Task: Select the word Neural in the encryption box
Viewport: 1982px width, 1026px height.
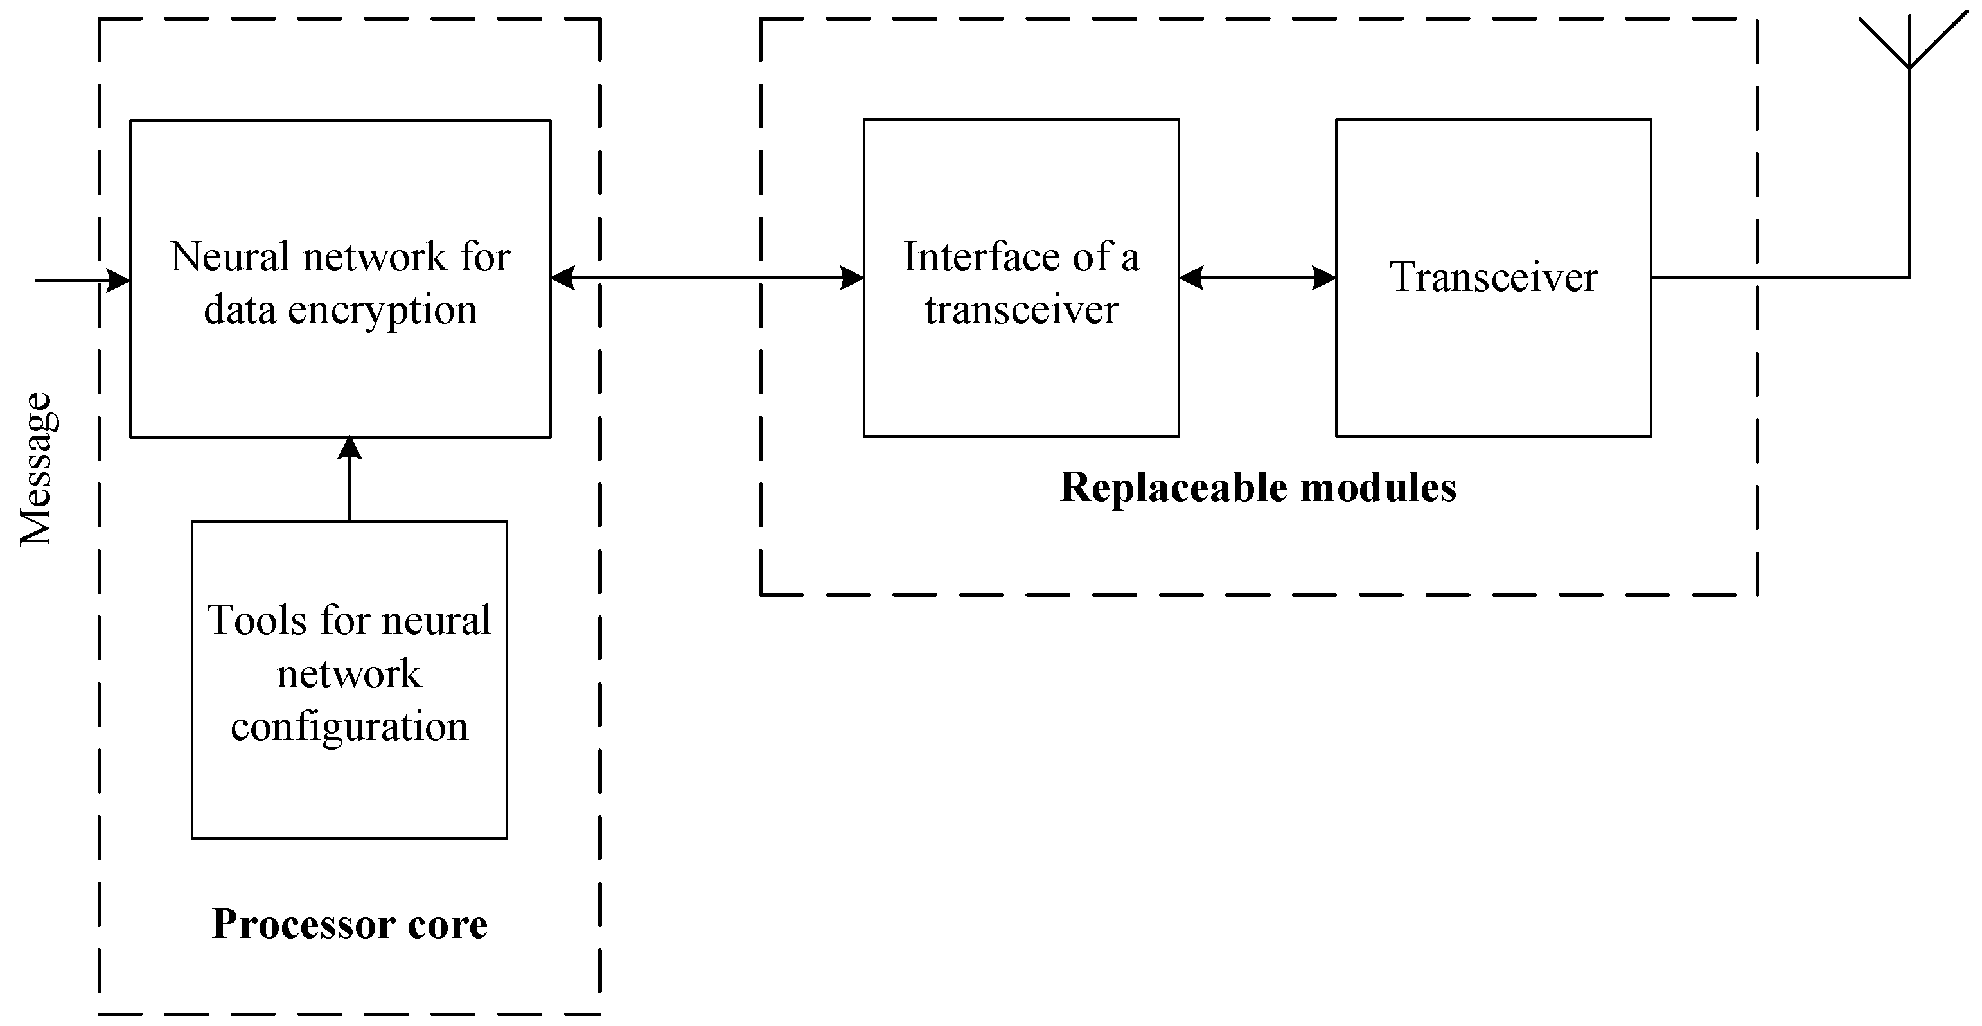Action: (x=229, y=257)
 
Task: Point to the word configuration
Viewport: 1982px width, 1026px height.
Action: (x=350, y=727)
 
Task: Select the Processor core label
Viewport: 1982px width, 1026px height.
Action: (x=350, y=924)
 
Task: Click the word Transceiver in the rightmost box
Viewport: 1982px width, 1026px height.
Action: (x=1494, y=278)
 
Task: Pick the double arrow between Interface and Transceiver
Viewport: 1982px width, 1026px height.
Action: (x=1257, y=278)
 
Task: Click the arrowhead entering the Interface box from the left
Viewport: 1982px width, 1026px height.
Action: (x=852, y=278)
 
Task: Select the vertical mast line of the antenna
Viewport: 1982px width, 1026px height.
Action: (x=1909, y=177)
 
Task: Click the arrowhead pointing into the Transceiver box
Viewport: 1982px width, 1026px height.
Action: (x=1323, y=278)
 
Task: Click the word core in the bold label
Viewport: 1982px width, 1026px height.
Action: (x=447, y=924)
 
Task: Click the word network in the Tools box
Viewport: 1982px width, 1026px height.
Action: (x=350, y=675)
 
